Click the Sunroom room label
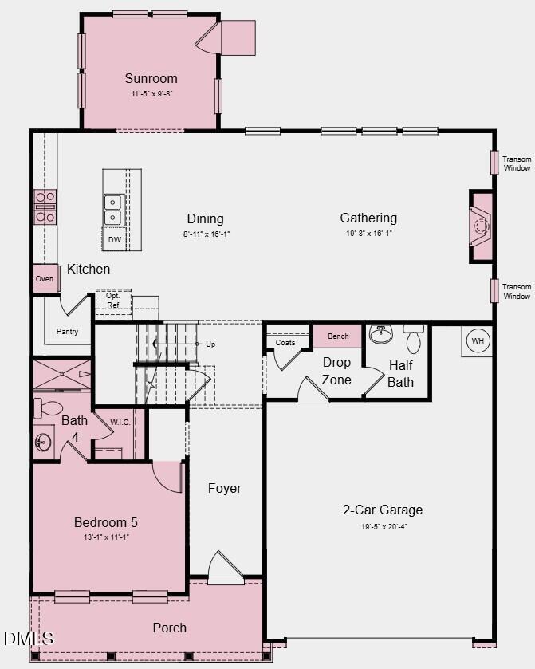click(151, 78)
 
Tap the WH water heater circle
click(478, 340)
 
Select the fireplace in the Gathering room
click(481, 226)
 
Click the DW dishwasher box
click(115, 239)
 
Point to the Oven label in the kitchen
click(45, 279)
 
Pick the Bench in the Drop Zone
click(338, 336)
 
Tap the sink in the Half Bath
click(381, 334)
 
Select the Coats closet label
click(285, 343)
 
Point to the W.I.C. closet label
click(120, 422)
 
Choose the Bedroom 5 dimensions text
click(105, 537)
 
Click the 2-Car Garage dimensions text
click(383, 525)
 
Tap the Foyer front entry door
click(225, 569)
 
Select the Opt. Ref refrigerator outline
click(113, 301)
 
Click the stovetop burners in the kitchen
click(45, 205)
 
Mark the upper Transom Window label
click(516, 163)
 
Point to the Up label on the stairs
click(210, 344)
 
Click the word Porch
click(170, 628)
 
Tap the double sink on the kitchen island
click(113, 209)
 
